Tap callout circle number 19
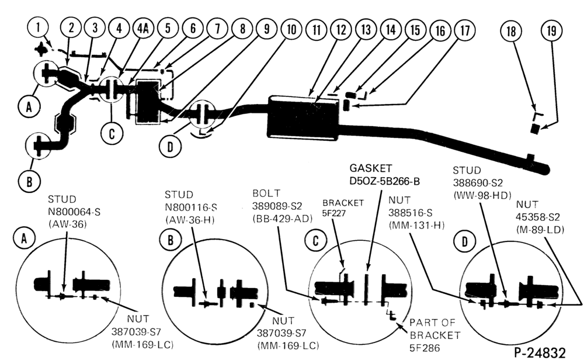(x=552, y=30)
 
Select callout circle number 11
(x=317, y=30)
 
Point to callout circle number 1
(x=38, y=27)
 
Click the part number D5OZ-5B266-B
(x=385, y=181)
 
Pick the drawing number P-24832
(x=540, y=352)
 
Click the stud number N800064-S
(x=74, y=212)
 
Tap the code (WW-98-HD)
(x=482, y=195)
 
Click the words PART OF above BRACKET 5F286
(x=432, y=323)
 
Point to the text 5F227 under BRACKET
(x=334, y=213)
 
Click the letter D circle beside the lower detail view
(x=464, y=242)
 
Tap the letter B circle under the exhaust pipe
(x=29, y=182)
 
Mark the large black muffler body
(x=303, y=118)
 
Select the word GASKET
(x=371, y=168)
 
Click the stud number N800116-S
(x=191, y=207)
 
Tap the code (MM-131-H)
(x=416, y=226)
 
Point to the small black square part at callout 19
(x=535, y=129)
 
